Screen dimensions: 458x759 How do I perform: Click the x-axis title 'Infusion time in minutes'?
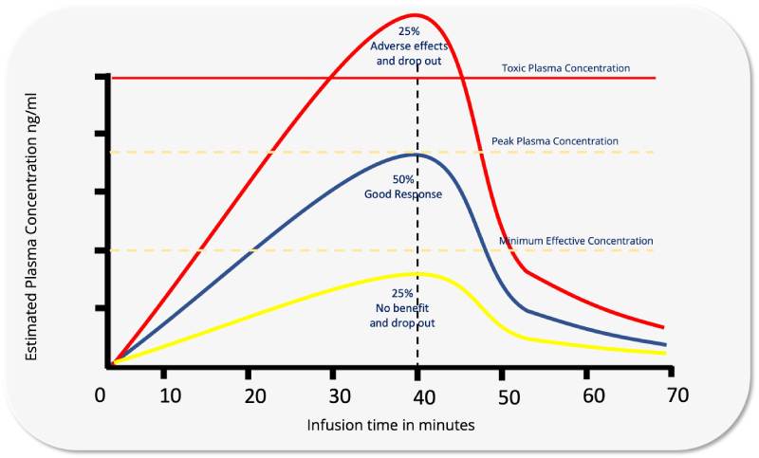coord(390,425)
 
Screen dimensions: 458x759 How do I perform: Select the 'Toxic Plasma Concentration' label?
coord(565,68)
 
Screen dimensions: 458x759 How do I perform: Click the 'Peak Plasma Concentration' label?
coord(555,141)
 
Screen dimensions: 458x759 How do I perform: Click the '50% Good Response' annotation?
coord(403,187)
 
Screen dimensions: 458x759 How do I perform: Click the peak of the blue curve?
coord(416,154)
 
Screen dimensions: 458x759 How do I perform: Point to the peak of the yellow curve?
coord(416,274)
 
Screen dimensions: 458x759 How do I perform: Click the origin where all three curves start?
coord(112,364)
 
